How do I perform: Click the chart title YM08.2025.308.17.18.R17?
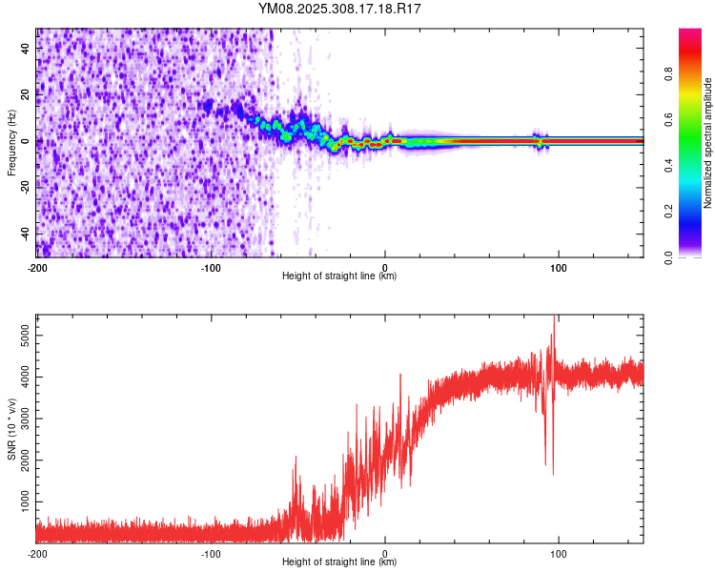pyautogui.click(x=340, y=9)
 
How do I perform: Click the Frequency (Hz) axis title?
pyautogui.click(x=11, y=143)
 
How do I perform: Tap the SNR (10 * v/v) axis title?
pyautogui.click(x=11, y=429)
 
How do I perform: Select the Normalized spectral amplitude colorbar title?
pyautogui.click(x=708, y=143)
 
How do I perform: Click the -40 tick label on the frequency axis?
pyautogui.click(x=23, y=233)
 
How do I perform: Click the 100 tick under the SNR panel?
pyautogui.click(x=559, y=553)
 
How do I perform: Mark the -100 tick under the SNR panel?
pyautogui.click(x=211, y=553)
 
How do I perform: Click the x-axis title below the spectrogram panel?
pyautogui.click(x=340, y=276)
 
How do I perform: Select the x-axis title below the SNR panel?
pyautogui.click(x=340, y=562)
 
